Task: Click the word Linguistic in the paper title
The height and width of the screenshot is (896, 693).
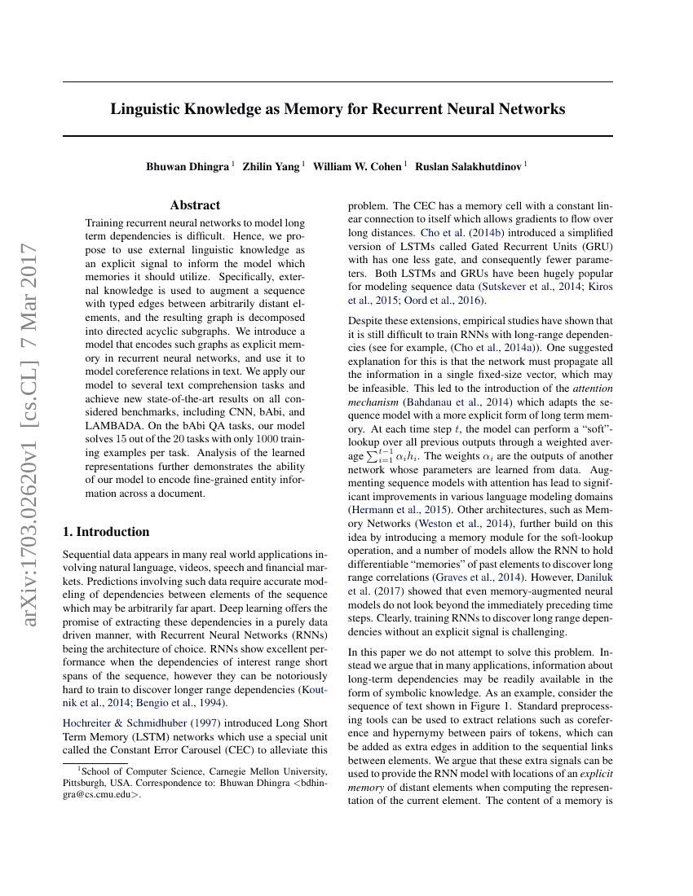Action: coord(144,108)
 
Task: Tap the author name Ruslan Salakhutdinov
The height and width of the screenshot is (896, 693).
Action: coord(469,166)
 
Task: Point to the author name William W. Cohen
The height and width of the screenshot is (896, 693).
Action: coord(357,166)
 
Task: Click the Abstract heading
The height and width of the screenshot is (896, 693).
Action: coord(195,205)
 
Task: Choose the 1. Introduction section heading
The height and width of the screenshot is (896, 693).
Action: coord(106,532)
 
